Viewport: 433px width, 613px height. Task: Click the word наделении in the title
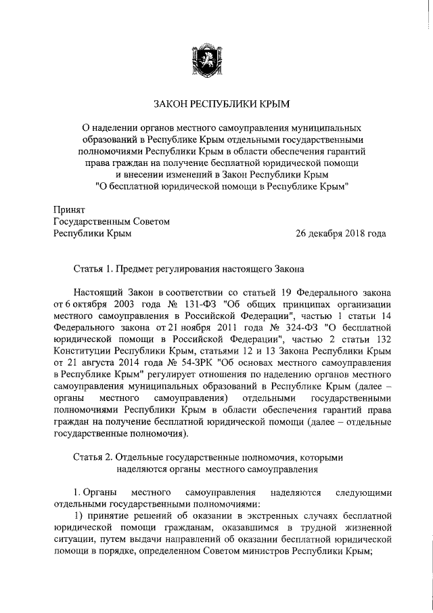tap(124, 127)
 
